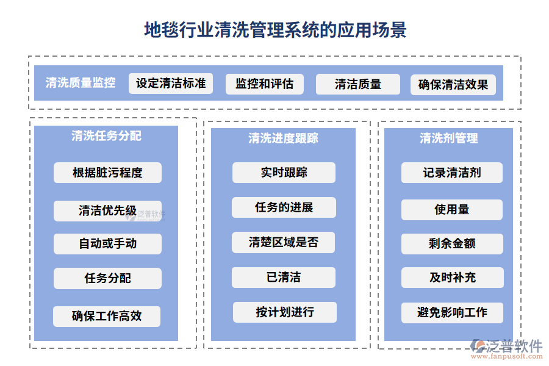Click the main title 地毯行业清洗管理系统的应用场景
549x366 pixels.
[274, 29]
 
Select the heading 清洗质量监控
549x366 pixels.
[81, 83]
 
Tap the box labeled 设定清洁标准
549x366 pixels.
[171, 84]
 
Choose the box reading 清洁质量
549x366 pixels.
[357, 84]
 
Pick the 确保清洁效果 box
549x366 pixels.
[453, 85]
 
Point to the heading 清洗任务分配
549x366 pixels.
[106, 136]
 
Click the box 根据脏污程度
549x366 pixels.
[107, 173]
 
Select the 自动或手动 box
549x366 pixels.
[107, 243]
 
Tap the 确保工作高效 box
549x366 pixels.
[107, 316]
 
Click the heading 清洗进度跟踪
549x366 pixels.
[283, 138]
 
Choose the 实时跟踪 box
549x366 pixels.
[284, 173]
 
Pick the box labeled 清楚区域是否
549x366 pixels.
[284, 242]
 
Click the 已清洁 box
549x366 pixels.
[284, 278]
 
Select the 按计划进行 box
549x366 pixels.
[284, 312]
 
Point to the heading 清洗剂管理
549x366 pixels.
[448, 138]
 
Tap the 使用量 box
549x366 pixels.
[451, 209]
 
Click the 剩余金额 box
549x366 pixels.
[452, 244]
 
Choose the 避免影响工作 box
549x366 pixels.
[452, 312]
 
